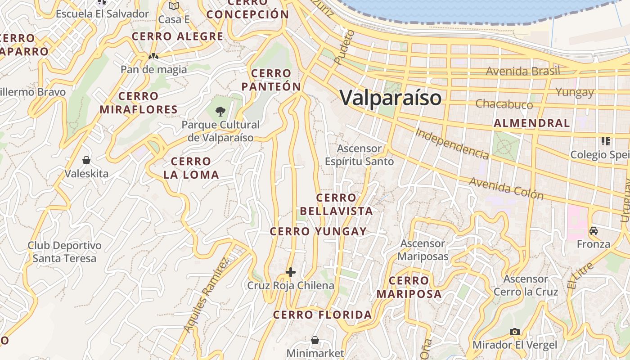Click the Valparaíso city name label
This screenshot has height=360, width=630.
390,98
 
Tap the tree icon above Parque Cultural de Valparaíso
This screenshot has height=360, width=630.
220,111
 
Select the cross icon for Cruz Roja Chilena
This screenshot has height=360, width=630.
291,272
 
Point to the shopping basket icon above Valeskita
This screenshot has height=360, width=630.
86,160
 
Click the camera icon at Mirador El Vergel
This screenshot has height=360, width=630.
515,332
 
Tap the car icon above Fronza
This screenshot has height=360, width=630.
594,231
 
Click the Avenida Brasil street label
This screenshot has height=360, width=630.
523,71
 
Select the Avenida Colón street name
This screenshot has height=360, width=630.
506,188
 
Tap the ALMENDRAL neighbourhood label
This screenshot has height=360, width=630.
531,123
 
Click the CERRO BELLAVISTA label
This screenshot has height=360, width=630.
336,204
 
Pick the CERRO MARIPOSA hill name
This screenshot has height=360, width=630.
409,288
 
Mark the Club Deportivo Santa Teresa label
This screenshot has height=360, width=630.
64,252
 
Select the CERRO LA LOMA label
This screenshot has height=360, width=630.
191,168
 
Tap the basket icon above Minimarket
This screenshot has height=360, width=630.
315,340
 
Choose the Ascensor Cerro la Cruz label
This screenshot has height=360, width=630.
526,285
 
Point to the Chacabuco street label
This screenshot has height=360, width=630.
504,104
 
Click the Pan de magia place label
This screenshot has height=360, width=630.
153,69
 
